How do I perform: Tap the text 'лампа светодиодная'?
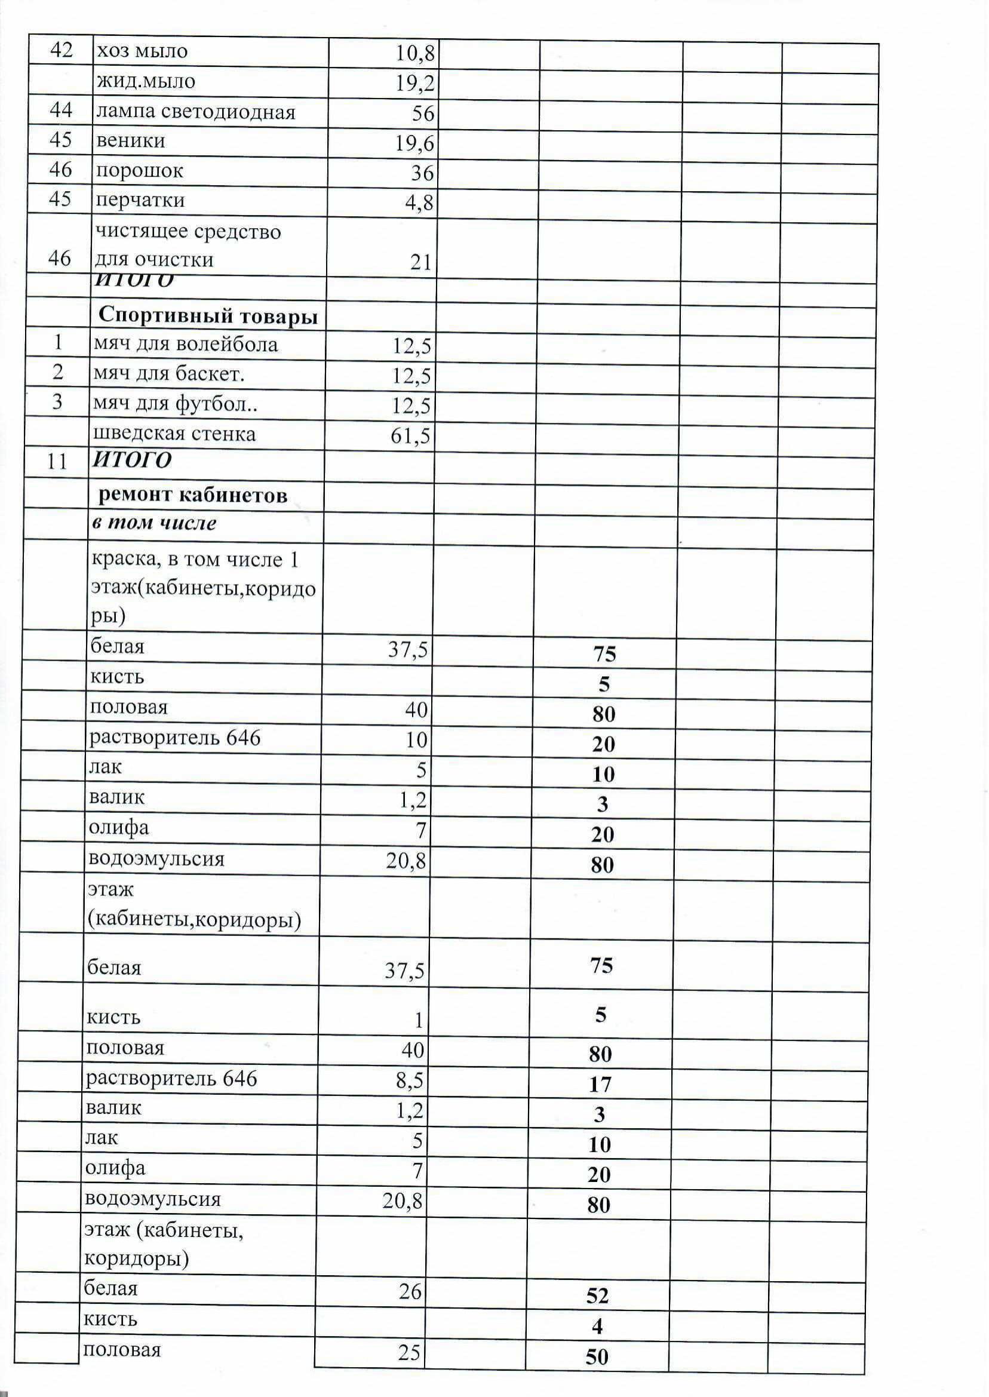tap(195, 113)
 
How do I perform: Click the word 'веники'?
tap(130, 142)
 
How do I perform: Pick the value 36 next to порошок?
tap(422, 174)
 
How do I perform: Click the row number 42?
tap(61, 50)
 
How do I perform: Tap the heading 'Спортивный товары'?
tap(208, 316)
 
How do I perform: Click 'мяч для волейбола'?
tap(185, 345)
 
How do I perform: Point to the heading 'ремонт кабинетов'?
tap(192, 496)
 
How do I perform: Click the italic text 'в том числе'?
tap(154, 524)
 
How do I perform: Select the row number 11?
tap(57, 462)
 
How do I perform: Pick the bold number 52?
tap(597, 1296)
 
